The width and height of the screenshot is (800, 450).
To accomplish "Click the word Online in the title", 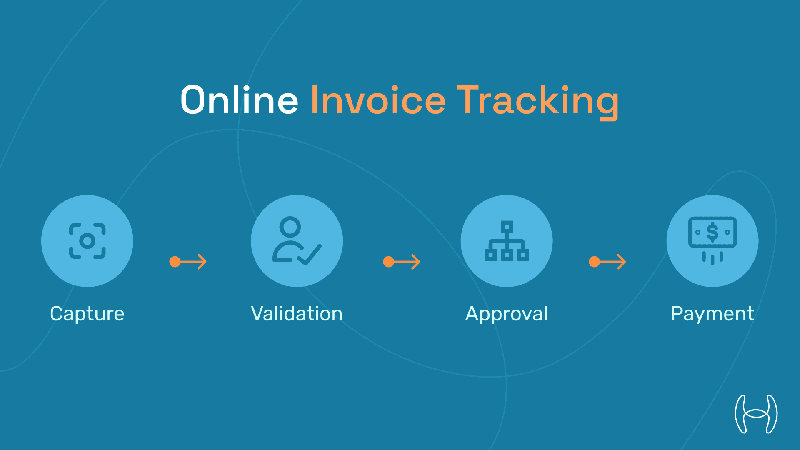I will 239,100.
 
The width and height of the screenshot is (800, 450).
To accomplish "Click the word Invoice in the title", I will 378,100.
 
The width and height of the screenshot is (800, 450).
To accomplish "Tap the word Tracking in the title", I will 537,101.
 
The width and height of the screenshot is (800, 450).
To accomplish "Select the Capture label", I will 87,314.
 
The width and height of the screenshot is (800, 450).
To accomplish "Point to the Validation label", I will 297,314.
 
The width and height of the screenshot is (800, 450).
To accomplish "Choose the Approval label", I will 506,314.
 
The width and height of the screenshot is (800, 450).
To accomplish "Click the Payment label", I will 712,314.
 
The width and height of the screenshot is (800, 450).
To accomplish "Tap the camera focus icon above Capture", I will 87,241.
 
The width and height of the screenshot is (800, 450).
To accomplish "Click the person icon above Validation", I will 290,239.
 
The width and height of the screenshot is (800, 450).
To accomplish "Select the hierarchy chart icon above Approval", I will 507,241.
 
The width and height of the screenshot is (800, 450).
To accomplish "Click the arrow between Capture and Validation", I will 188,262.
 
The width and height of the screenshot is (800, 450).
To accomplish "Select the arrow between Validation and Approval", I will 402,262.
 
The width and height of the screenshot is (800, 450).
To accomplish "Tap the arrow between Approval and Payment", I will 607,262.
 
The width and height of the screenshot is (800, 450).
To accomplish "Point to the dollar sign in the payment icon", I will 712,232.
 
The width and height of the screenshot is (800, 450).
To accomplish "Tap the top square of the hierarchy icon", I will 507,227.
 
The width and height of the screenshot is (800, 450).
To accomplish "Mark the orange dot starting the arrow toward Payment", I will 594,262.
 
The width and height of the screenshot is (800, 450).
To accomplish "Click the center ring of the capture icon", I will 87,241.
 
